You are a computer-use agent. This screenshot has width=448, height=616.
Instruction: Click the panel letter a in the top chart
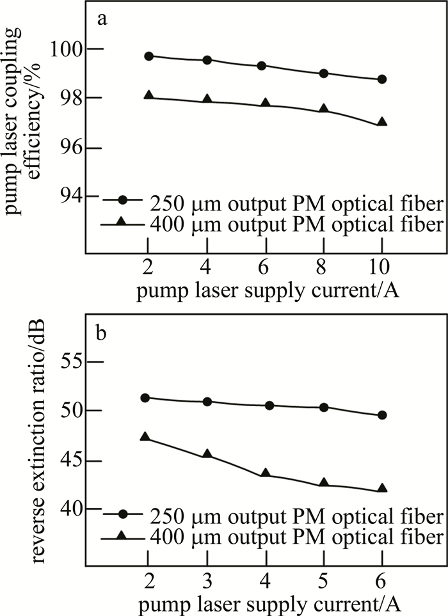[101, 19]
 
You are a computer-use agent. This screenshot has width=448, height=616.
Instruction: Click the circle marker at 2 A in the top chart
[149, 56]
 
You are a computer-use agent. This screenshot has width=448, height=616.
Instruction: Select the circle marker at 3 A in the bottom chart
[207, 402]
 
